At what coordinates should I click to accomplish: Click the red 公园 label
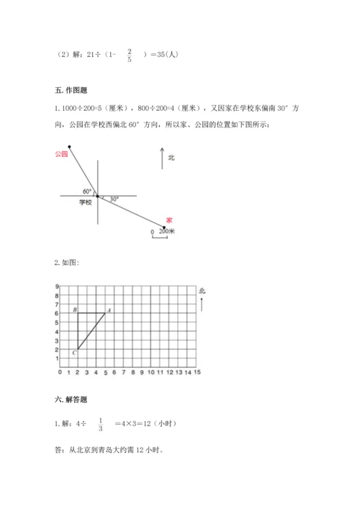click(x=60, y=153)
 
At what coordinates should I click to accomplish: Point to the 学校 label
click(x=86, y=203)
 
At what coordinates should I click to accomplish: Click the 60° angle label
click(x=87, y=191)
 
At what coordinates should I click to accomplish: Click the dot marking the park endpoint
click(x=70, y=145)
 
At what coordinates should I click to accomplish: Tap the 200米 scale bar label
click(x=167, y=231)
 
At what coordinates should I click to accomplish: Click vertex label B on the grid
click(x=76, y=310)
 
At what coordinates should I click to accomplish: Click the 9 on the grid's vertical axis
click(x=56, y=287)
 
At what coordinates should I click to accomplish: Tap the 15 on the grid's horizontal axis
click(x=197, y=373)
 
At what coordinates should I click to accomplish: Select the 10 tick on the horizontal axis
click(x=151, y=373)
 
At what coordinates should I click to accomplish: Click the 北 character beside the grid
click(x=202, y=291)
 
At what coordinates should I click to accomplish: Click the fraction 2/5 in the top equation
click(x=129, y=55)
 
